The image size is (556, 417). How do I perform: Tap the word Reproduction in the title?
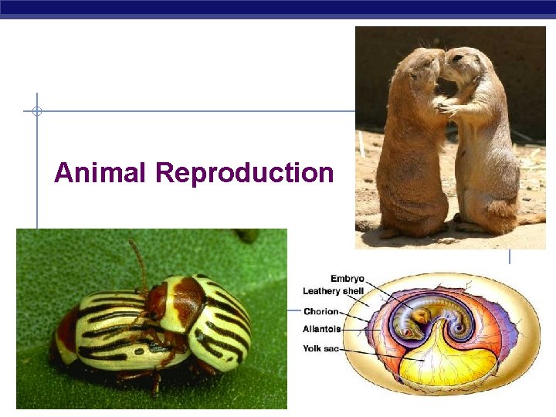click(x=244, y=172)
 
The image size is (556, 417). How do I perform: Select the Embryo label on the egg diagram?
click(x=347, y=279)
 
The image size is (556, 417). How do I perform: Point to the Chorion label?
click(x=321, y=312)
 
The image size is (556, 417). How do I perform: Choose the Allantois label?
click(x=322, y=329)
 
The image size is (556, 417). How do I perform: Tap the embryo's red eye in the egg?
click(x=422, y=315)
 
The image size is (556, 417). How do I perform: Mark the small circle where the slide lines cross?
click(x=36, y=111)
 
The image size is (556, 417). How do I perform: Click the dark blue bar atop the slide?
click(x=278, y=7)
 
